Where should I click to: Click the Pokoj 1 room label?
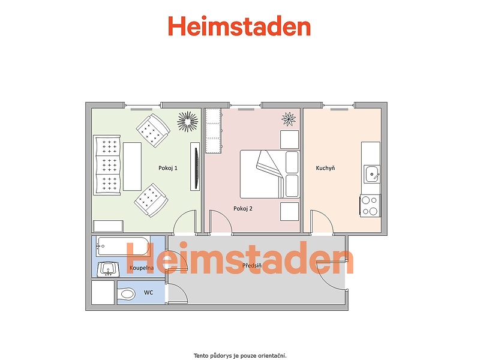click(168, 168)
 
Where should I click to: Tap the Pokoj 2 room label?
click(243, 209)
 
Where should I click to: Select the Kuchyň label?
click(325, 168)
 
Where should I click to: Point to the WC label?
click(148, 293)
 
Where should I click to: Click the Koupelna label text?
click(142, 268)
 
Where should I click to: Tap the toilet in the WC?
click(126, 295)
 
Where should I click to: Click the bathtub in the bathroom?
click(123, 246)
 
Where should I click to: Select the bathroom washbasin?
click(108, 269)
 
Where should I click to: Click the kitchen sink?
click(372, 175)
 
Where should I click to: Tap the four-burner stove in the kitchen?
click(370, 206)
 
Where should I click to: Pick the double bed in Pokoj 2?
click(269, 174)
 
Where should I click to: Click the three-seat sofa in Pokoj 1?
click(107, 166)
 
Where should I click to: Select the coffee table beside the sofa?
click(132, 167)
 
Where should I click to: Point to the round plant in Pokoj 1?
click(187, 121)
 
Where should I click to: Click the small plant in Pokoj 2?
click(289, 119)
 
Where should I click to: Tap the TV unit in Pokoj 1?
click(196, 167)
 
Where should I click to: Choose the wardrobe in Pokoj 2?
click(214, 131)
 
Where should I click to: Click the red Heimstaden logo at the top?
click(239, 26)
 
